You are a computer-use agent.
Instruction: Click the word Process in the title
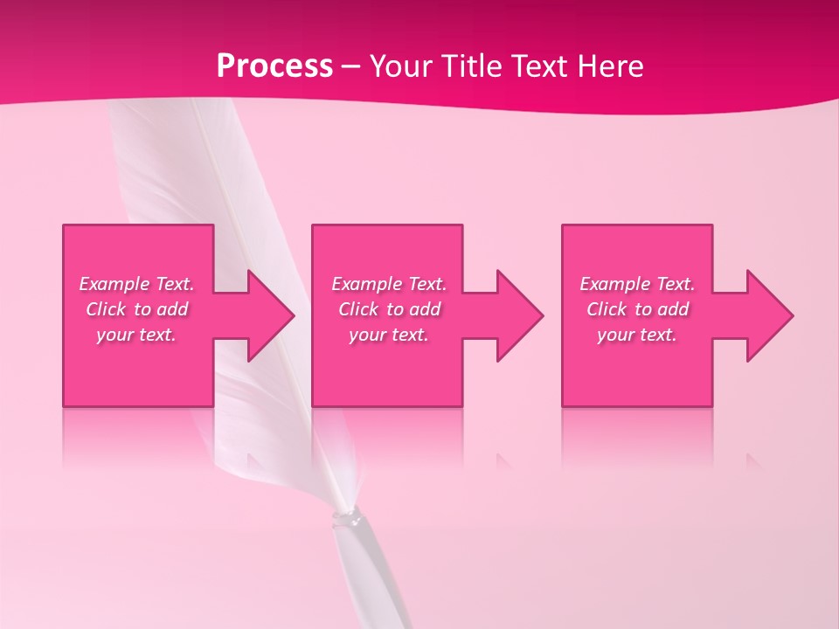(x=274, y=66)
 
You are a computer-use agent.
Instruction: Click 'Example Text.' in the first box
(x=136, y=284)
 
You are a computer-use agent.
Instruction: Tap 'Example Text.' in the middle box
(x=388, y=284)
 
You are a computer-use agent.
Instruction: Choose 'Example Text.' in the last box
(x=636, y=284)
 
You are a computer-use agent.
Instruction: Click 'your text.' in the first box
(x=136, y=335)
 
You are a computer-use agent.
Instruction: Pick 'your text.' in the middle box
(x=388, y=335)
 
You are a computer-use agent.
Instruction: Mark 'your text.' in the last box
(x=636, y=335)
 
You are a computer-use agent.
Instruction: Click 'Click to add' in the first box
(x=136, y=309)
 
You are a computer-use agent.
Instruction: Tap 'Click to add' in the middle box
(x=388, y=309)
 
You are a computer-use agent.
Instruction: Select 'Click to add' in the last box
(x=636, y=309)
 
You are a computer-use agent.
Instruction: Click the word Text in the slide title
(x=538, y=66)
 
